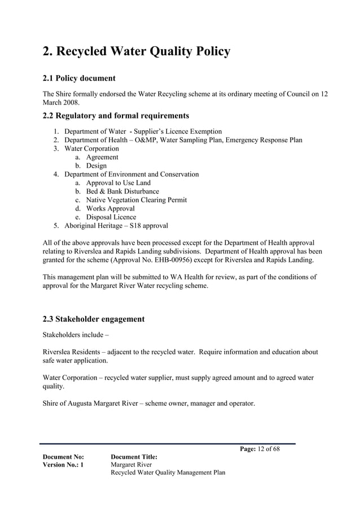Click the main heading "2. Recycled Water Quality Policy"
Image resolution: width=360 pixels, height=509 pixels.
137,52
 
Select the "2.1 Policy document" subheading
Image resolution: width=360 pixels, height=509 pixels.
79,78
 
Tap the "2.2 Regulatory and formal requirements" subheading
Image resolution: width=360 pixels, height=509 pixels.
116,116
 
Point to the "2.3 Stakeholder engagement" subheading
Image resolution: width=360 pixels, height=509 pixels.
94,319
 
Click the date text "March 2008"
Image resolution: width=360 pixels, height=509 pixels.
61,103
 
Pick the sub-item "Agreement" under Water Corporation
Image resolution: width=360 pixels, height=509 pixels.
102,157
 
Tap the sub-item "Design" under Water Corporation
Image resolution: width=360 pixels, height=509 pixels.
96,166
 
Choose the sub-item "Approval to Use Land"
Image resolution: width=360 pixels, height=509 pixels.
118,183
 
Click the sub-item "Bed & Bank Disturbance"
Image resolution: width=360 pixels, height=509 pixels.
122,191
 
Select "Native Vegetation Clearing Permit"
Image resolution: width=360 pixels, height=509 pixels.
136,200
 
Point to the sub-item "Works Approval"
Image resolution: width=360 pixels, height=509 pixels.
110,208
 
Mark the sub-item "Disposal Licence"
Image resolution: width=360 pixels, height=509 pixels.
111,217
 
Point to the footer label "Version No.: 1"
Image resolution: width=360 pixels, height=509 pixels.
63,464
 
